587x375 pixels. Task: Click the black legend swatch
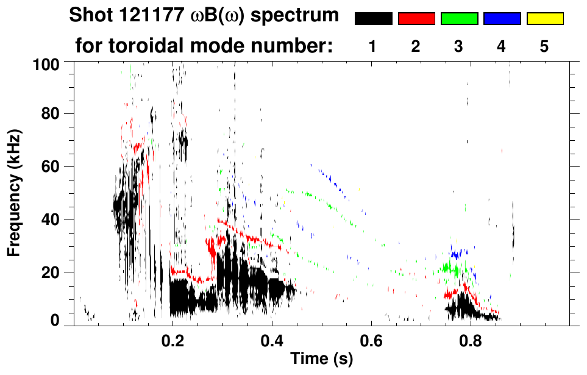(374, 19)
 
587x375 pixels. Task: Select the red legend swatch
(416, 19)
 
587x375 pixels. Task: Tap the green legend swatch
(459, 19)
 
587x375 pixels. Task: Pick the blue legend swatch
(502, 19)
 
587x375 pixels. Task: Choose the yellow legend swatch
(544, 19)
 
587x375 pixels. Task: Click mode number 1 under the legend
(372, 46)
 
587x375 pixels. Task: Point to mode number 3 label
(458, 46)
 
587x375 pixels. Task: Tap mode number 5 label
(544, 46)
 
